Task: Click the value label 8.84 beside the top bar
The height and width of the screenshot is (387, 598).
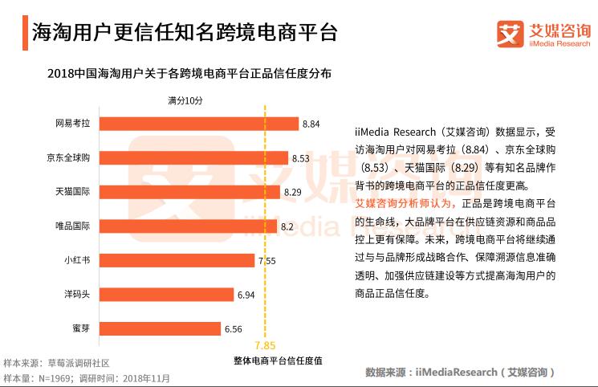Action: [311, 124]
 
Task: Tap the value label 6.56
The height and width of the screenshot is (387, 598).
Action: [233, 329]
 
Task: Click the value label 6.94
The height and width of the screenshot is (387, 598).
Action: [246, 295]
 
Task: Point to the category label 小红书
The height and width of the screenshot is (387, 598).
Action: [76, 261]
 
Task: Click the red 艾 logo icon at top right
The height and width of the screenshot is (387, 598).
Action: [508, 35]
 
